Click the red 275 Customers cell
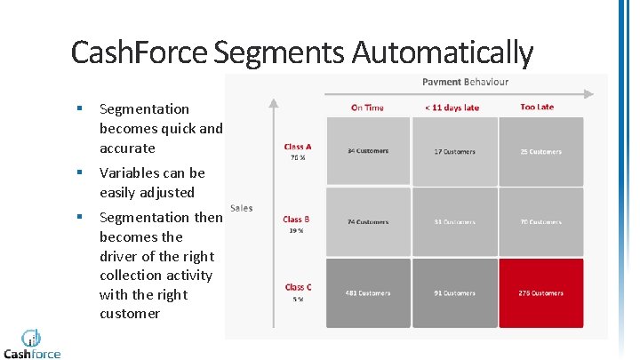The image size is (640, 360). point(540,292)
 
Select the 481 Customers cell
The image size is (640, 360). point(367,292)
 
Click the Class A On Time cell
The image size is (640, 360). point(367,151)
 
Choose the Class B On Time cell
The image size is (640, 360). point(367,221)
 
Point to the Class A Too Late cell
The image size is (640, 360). point(540,151)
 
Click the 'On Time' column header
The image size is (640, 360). point(367,108)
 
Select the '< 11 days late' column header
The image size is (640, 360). point(452,108)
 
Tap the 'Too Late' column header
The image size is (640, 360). point(536,107)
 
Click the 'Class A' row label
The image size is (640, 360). point(297,147)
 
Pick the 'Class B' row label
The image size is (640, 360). point(296,219)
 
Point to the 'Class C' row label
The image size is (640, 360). point(298,287)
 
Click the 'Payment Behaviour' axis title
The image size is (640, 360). point(465,82)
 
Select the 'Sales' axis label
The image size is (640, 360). point(241,208)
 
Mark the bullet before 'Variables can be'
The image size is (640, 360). point(80,173)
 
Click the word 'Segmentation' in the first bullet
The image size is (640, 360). point(144,109)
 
